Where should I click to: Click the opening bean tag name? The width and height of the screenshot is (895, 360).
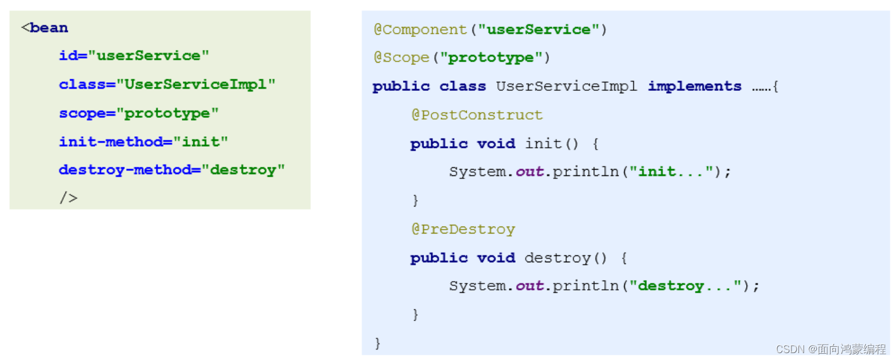[x=48, y=28]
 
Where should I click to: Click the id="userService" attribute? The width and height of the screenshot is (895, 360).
[x=133, y=56]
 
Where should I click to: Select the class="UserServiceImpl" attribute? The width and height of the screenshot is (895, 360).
[x=167, y=85]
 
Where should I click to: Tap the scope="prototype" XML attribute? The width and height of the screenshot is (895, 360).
[x=139, y=113]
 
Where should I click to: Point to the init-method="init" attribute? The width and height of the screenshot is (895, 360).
[x=143, y=141]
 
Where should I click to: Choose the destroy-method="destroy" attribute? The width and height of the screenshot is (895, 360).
[x=171, y=170]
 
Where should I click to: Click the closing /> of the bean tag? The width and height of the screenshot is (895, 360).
[x=68, y=198]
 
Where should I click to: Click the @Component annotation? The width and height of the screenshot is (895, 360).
[x=420, y=29]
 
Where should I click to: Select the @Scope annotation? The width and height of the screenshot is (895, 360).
[x=401, y=58]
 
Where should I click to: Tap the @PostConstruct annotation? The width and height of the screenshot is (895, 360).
[x=477, y=115]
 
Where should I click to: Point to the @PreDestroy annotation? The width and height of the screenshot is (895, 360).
[x=463, y=229]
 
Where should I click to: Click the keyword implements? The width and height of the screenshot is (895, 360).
[x=694, y=86]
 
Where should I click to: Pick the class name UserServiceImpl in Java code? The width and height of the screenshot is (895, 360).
[x=566, y=86]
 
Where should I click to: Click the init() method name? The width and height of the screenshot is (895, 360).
[x=543, y=144]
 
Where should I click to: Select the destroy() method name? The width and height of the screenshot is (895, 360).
[x=557, y=258]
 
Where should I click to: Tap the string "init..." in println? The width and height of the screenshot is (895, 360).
[x=671, y=172]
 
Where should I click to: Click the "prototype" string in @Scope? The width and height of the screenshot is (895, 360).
[x=491, y=58]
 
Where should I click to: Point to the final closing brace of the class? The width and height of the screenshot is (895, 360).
[x=378, y=343]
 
